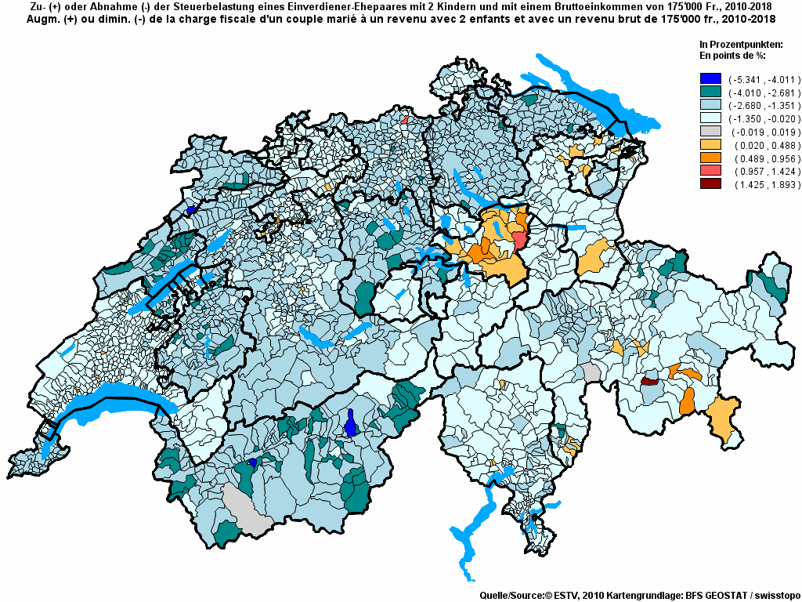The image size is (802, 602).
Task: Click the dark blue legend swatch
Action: pyautogui.click(x=710, y=78)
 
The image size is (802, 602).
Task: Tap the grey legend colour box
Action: pyautogui.click(x=710, y=132)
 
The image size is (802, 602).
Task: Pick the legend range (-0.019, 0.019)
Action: pyautogui.click(x=756, y=132)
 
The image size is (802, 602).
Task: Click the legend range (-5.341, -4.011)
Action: pyautogui.click(x=756, y=79)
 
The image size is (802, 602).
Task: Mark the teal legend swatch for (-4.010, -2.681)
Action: pyautogui.click(x=710, y=92)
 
